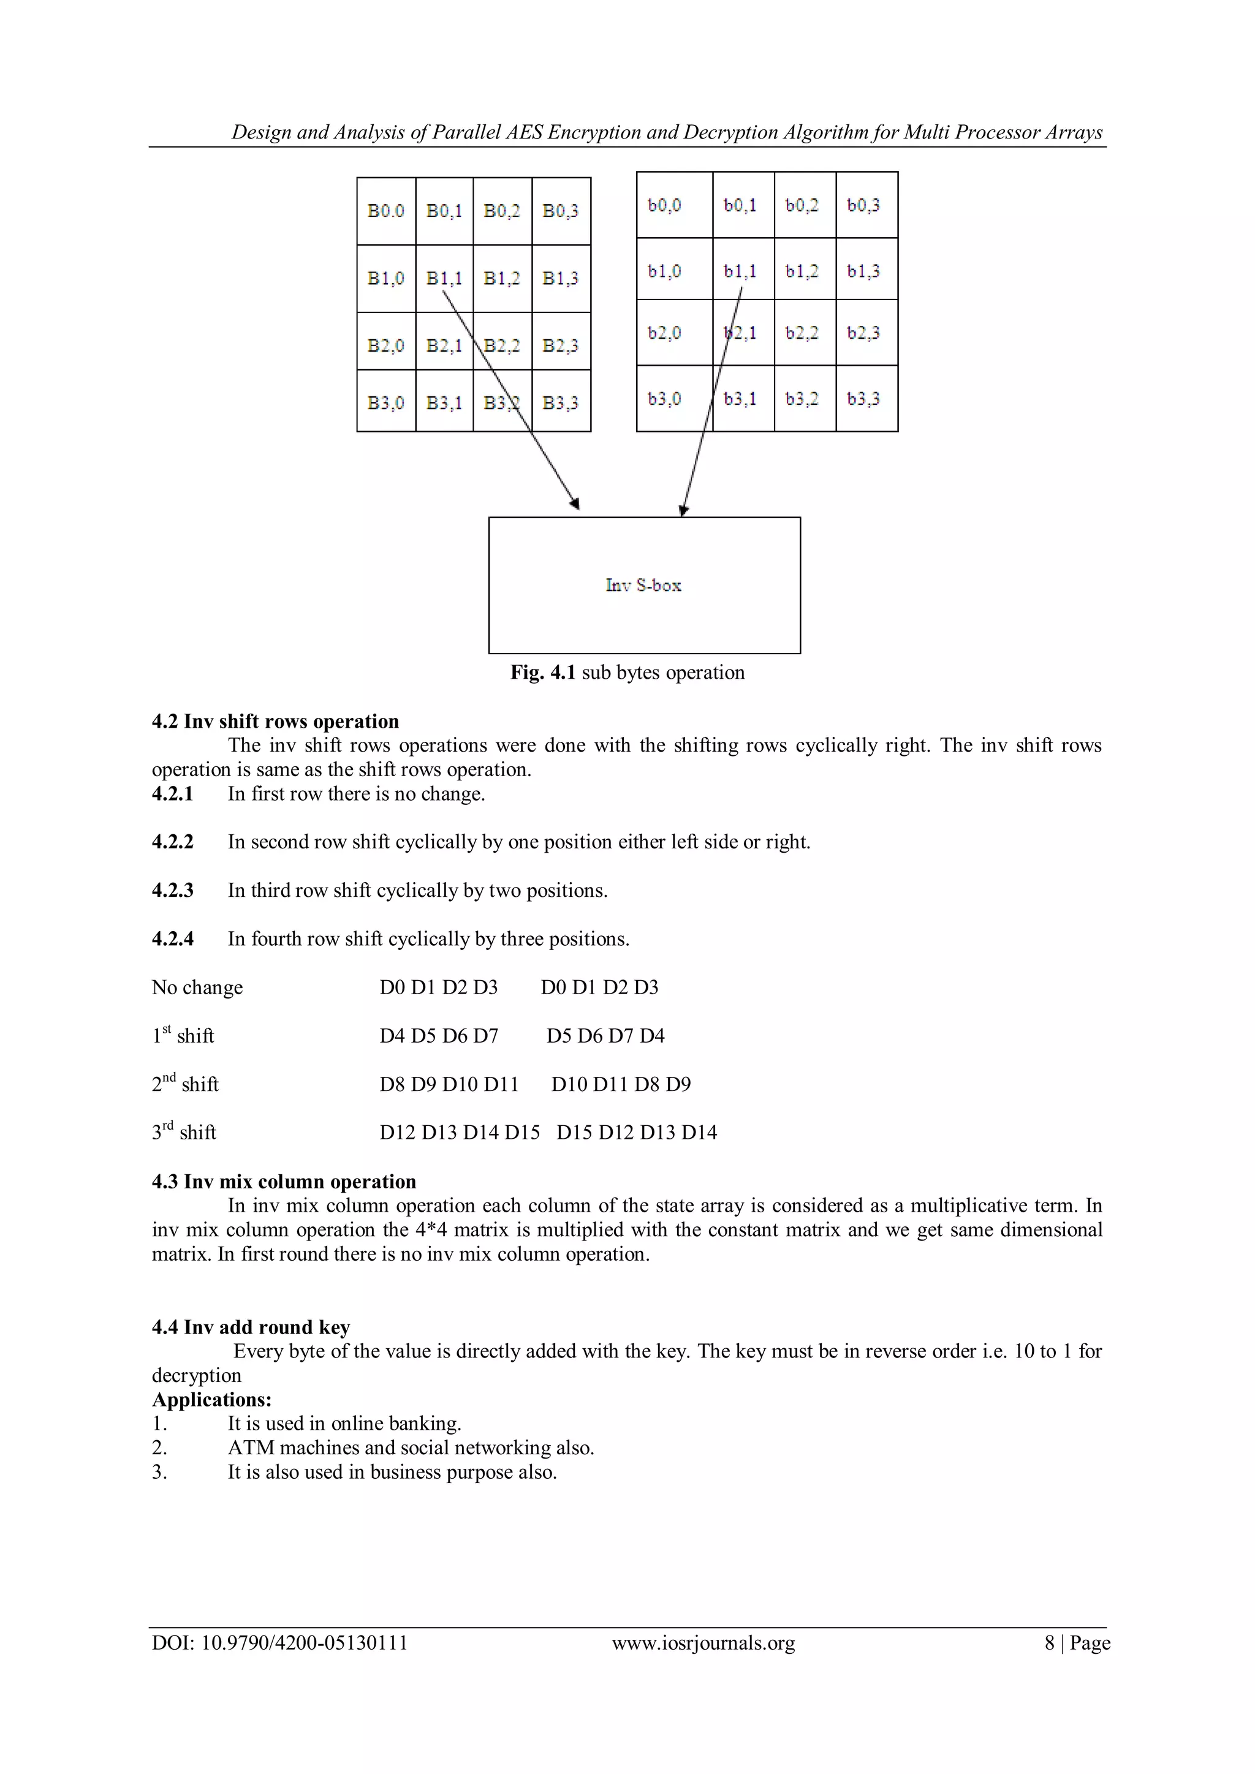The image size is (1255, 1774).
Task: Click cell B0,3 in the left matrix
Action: coord(560,211)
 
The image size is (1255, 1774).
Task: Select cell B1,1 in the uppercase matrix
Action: coord(444,278)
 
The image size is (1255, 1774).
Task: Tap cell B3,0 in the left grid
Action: coord(385,402)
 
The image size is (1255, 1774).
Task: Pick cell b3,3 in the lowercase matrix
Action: coord(863,399)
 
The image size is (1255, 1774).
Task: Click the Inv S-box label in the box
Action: coord(643,586)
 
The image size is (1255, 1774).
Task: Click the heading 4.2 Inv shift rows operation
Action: coord(275,721)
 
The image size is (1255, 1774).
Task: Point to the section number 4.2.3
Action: coord(172,890)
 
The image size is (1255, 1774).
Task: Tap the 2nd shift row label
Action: coord(186,1084)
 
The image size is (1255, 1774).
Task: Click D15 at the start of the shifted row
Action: coord(574,1133)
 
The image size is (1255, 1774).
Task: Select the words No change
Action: coord(197,987)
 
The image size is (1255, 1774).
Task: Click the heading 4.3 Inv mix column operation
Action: coord(284,1182)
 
